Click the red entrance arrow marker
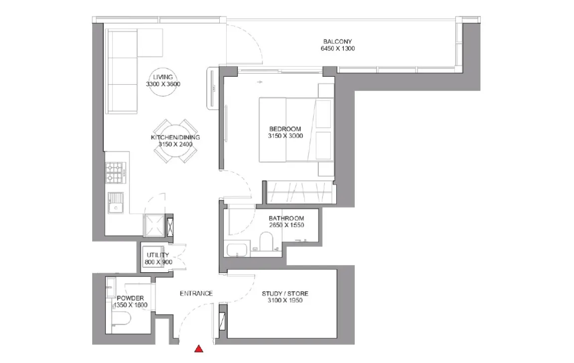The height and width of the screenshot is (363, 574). (199, 349)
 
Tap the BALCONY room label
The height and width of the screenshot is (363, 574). (337, 41)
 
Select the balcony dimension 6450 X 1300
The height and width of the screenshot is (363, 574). (337, 48)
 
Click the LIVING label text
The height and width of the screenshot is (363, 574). (163, 77)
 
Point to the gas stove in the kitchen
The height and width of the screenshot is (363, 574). (115, 173)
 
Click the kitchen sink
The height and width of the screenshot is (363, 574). (116, 203)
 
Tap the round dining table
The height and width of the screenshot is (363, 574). (175, 141)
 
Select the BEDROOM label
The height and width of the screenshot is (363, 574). (285, 129)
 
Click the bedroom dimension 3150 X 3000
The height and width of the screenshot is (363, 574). (285, 136)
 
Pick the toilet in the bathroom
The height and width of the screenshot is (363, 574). (267, 241)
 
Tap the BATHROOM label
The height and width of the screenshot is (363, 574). (287, 218)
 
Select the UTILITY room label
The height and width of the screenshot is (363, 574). (158, 255)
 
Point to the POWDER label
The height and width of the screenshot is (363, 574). (131, 298)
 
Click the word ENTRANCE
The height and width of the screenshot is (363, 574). (196, 293)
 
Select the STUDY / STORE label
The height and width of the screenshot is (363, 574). (285, 293)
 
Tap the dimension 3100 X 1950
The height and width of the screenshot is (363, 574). (285, 300)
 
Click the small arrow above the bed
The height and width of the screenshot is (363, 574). (260, 82)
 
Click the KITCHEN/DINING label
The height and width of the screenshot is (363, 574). (175, 137)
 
